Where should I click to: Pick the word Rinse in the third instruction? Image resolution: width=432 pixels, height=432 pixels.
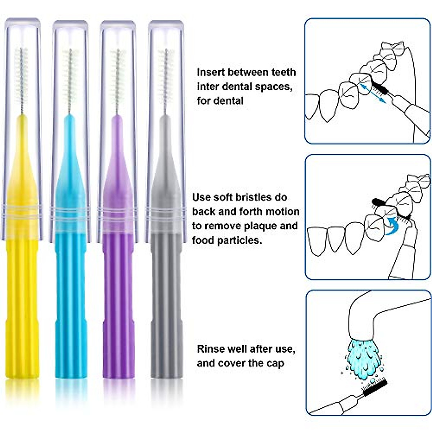tap(211, 349)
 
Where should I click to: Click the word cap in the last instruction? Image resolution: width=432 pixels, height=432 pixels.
tap(275, 363)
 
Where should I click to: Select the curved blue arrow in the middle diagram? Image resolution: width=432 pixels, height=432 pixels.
tap(392, 226)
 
